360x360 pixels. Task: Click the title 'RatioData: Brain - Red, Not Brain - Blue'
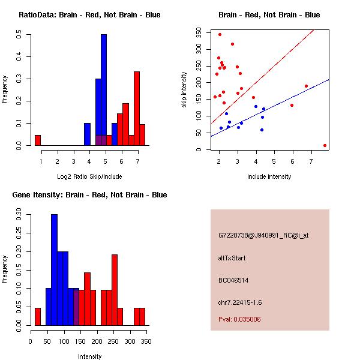89,15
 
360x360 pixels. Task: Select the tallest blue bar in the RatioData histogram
104,90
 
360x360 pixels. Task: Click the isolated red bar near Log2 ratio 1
38,140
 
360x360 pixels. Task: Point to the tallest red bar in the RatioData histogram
137,109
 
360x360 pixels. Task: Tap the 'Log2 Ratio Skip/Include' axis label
89,176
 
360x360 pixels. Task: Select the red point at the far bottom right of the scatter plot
325,145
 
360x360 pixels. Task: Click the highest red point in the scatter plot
220,34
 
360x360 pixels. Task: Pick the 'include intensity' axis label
269,176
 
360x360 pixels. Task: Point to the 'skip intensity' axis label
185,90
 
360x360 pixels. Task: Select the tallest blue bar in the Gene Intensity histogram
55,270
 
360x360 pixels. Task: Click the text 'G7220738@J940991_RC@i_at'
263,236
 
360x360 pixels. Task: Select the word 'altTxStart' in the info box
232,258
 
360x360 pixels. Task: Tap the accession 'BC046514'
233,280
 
